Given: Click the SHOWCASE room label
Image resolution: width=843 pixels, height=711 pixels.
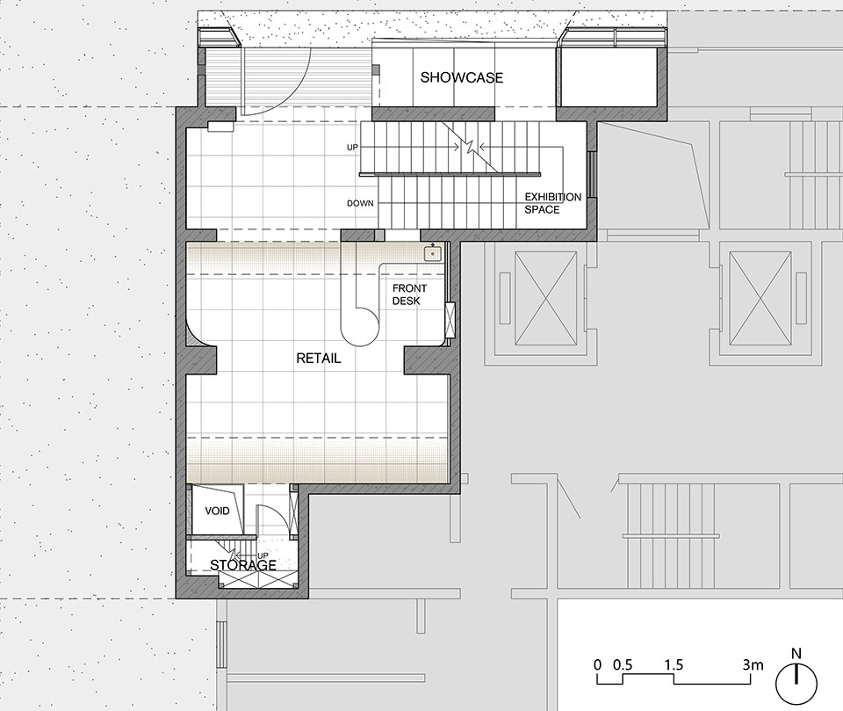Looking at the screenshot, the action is coord(461,77).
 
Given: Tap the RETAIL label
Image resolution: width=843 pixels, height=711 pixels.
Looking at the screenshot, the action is coord(319,359).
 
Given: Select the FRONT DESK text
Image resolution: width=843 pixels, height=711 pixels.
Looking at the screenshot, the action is coord(409,295).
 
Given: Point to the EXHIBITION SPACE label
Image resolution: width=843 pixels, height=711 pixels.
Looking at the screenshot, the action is coord(552,203).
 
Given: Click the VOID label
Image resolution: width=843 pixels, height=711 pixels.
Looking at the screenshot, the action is coord(217,511).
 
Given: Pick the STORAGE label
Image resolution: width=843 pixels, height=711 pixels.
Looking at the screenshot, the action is coord(243,565).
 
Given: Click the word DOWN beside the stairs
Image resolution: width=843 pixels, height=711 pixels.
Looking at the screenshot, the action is coord(360,203).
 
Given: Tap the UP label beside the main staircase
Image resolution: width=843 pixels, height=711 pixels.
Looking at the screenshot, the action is coord(352,147).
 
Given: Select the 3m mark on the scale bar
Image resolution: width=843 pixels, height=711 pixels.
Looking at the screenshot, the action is coord(753,664).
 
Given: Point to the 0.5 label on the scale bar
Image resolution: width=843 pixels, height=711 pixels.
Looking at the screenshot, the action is coord(623,664).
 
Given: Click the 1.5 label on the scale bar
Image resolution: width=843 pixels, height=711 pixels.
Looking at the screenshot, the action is coord(674,664).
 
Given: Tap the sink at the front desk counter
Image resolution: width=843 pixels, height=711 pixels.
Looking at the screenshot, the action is coord(432,253).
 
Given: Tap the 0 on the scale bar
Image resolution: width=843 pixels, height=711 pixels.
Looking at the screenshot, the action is coord(598,664).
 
